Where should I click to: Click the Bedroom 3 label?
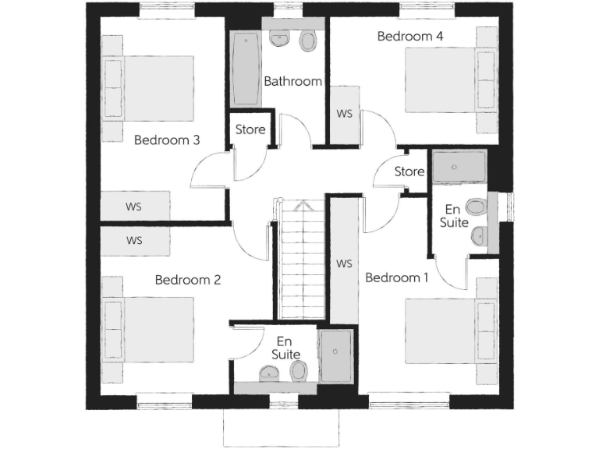[167, 140]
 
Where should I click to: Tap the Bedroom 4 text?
[410, 36]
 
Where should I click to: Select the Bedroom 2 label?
[187, 280]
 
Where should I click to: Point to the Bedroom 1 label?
[396, 278]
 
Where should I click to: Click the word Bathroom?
[292, 81]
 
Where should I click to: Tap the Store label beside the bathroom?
[250, 129]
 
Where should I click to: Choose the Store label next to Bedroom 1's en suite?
[409, 171]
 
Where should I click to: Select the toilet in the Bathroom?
[309, 40]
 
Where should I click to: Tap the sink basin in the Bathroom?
[278, 38]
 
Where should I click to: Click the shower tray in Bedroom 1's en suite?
[459, 165]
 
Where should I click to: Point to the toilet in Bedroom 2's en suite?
[297, 375]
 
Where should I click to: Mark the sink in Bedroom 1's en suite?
[479, 235]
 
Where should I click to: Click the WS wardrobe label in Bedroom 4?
[344, 114]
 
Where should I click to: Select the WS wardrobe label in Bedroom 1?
[344, 263]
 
